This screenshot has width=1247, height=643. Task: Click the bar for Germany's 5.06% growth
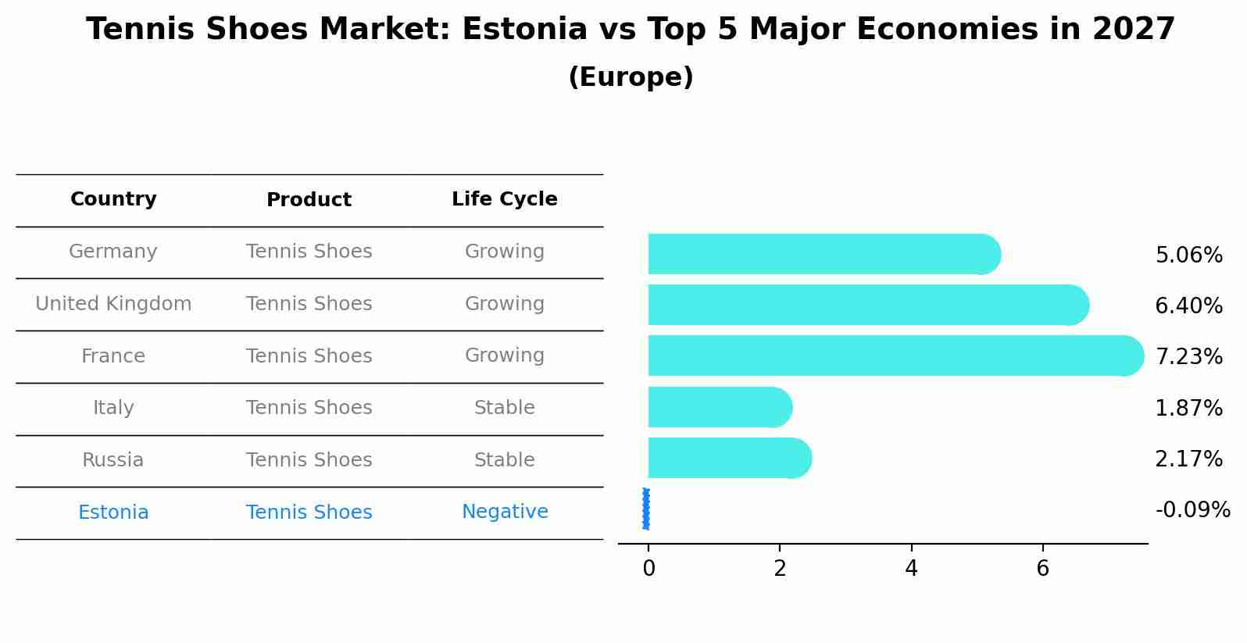(x=820, y=254)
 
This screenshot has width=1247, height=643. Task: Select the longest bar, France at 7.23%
(x=891, y=355)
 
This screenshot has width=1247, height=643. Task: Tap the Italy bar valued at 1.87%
(x=719, y=407)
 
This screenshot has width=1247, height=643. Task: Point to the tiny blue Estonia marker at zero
(x=646, y=509)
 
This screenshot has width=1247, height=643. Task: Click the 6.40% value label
(x=1188, y=305)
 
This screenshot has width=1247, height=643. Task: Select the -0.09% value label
(x=1192, y=510)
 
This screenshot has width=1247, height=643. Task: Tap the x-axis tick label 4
(x=911, y=569)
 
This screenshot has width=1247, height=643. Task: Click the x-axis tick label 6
(x=1042, y=569)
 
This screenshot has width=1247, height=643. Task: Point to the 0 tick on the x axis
(x=649, y=569)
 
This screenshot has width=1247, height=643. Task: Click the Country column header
(x=113, y=199)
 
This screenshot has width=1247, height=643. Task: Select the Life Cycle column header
(x=505, y=199)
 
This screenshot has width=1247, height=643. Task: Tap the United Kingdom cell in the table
(x=113, y=304)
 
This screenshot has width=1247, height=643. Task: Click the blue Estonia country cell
(x=113, y=513)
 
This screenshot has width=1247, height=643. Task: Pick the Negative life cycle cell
(x=505, y=512)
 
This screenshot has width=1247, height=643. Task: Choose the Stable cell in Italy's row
(x=505, y=408)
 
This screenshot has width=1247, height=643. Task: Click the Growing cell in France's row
(x=505, y=355)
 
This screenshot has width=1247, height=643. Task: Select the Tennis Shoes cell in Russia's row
(x=309, y=460)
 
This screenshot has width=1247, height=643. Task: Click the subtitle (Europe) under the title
(x=631, y=77)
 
